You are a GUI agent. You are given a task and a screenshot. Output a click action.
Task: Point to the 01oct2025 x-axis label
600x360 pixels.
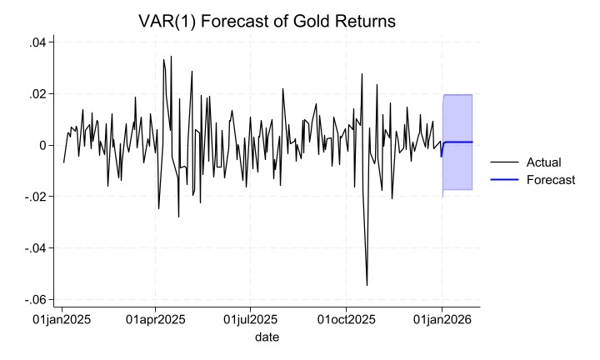click(x=346, y=320)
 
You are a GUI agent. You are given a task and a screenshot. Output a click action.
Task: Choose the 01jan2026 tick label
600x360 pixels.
click(x=442, y=320)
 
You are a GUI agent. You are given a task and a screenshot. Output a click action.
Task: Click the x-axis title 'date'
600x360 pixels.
click(x=267, y=337)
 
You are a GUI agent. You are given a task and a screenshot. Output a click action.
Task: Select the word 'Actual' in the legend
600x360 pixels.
click(x=544, y=162)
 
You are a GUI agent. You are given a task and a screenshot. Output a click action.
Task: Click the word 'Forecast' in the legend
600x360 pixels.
click(x=551, y=180)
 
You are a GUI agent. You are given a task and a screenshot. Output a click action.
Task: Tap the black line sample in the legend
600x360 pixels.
click(x=505, y=162)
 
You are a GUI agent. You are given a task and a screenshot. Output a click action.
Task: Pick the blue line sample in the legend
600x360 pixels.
click(x=505, y=180)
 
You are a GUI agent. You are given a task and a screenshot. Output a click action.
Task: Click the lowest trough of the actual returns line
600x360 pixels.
click(x=367, y=286)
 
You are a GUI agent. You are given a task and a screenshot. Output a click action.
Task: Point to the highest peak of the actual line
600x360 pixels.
click(x=171, y=57)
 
